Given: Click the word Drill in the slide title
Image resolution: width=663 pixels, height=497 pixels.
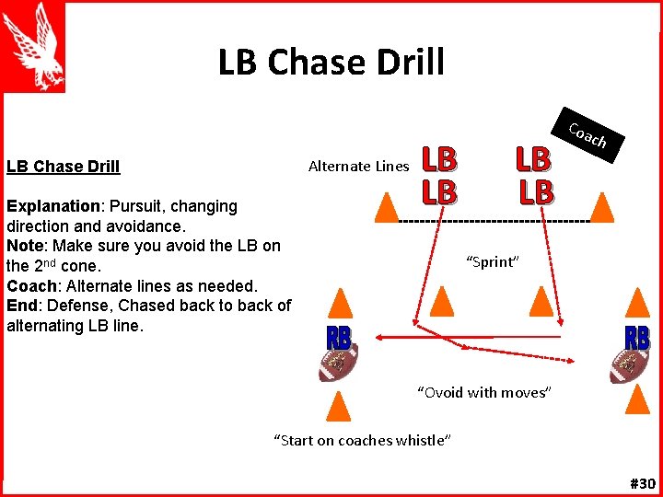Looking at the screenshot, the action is [x=404, y=63].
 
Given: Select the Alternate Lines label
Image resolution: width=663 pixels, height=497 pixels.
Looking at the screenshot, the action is [x=358, y=167].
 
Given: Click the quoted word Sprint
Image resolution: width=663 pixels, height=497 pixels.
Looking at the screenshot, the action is [x=493, y=262].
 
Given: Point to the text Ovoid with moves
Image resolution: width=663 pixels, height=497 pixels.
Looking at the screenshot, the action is [x=484, y=393].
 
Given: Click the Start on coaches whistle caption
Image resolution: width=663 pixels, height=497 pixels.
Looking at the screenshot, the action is [x=362, y=440].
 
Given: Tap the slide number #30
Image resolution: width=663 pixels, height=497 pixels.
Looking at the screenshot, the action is [x=642, y=483].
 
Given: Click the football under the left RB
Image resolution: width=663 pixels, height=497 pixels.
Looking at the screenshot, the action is [x=337, y=365].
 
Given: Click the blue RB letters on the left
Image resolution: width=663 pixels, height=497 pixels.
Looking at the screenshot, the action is [x=337, y=337].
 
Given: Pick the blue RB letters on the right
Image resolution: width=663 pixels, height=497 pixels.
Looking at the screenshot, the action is [x=636, y=338].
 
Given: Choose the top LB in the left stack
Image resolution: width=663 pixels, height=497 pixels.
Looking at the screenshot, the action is [x=439, y=160].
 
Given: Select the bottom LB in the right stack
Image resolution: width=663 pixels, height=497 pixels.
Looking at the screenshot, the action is [x=536, y=191].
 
